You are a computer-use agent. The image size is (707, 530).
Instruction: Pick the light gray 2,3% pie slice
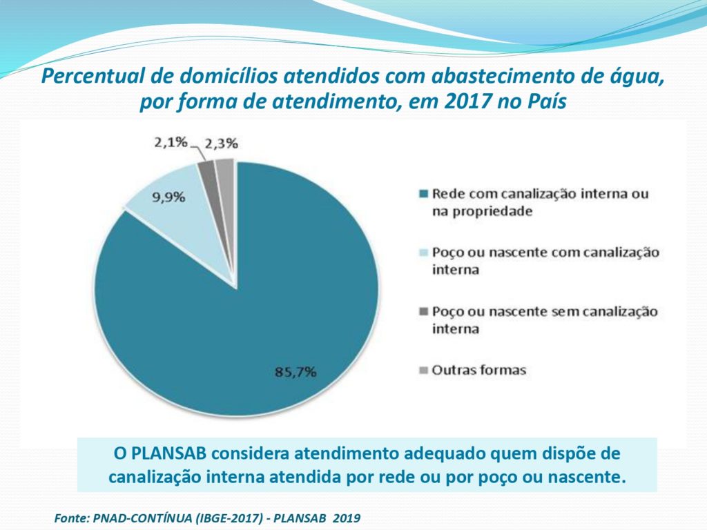226,168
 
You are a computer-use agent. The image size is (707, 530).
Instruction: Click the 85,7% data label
296,372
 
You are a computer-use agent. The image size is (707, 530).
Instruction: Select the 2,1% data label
170,142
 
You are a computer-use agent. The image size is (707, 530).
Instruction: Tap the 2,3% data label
221,144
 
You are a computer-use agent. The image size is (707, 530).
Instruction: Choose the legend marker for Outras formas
424,371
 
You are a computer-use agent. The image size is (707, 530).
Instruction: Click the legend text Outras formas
478,371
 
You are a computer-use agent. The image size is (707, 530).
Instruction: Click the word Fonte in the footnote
70,517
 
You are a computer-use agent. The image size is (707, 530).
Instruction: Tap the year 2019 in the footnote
347,517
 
